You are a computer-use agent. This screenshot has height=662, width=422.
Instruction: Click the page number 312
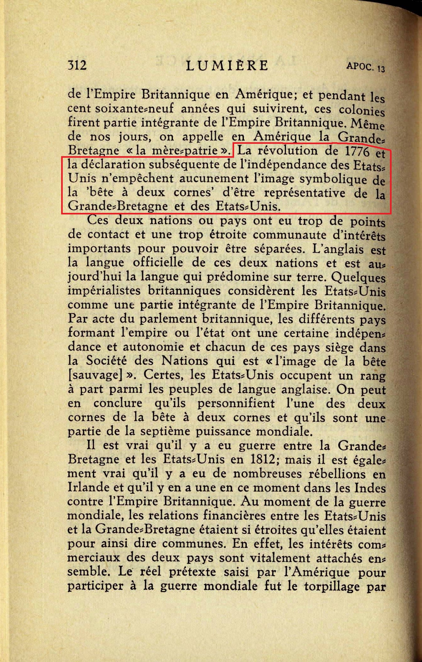[77, 65]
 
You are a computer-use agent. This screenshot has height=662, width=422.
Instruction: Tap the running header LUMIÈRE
[227, 66]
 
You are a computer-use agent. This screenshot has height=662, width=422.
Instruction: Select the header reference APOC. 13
[366, 67]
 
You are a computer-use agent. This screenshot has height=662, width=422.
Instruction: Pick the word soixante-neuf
[134, 109]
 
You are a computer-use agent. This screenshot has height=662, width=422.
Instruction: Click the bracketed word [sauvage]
[95, 375]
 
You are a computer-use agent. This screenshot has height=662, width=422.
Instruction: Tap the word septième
[165, 431]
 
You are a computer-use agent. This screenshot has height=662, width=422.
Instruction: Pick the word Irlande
[87, 487]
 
